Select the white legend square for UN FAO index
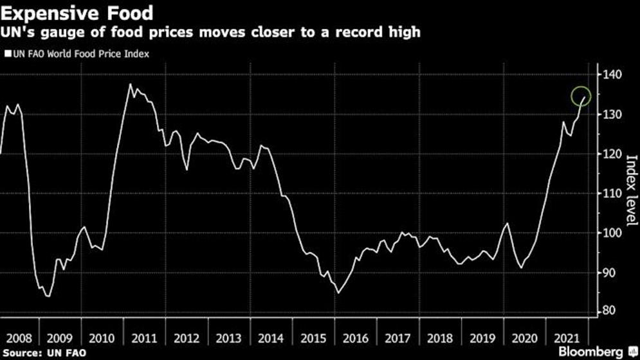pyautogui.click(x=7, y=55)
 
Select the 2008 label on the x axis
pyautogui.click(x=19, y=337)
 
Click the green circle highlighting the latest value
pyautogui.click(x=581, y=96)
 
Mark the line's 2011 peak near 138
pyautogui.click(x=130, y=84)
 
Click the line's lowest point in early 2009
pyautogui.click(x=48, y=296)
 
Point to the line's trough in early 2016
pyautogui.click(x=338, y=293)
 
